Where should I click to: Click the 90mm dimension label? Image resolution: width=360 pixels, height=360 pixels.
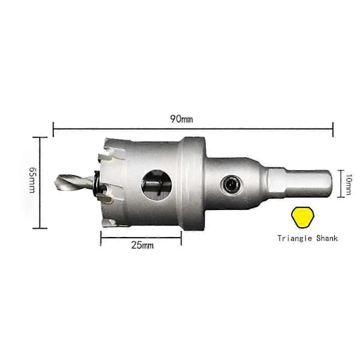tap(181, 119)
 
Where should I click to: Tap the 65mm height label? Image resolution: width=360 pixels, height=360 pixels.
tap(32, 179)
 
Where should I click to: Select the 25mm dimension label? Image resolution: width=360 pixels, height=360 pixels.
tap(142, 245)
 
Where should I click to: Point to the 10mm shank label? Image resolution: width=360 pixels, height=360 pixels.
tap(348, 184)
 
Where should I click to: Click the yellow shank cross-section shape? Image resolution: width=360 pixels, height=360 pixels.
tap(302, 217)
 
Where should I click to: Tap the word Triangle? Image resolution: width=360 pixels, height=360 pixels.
tap(295, 238)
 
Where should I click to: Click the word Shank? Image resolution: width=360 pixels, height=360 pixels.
tap(327, 238)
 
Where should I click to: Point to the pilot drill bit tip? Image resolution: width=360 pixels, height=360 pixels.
tap(55, 182)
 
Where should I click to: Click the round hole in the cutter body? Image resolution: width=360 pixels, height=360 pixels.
tap(157, 185)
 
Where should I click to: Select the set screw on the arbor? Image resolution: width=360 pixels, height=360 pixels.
tap(231, 184)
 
